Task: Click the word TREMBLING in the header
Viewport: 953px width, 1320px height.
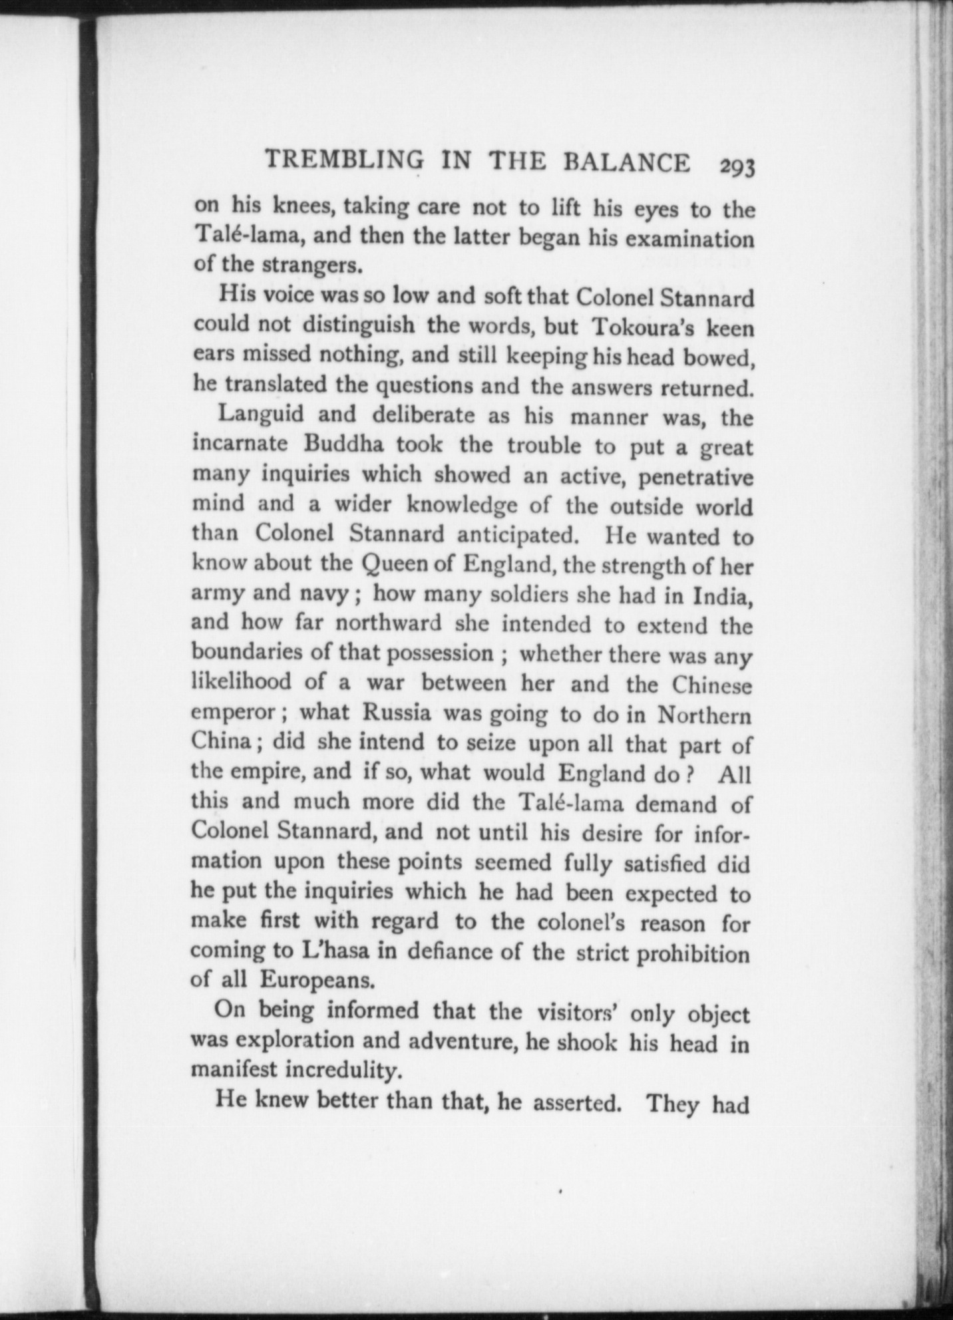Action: [344, 161]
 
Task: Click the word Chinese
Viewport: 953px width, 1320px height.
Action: [711, 685]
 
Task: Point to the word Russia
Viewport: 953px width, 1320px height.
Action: [397, 713]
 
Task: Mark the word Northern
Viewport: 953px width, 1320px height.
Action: [705, 716]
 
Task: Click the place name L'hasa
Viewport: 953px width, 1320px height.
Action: [331, 951]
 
